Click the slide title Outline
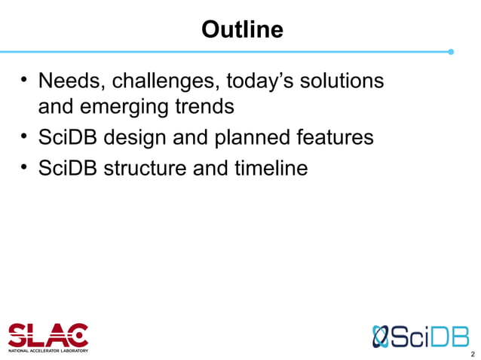(x=242, y=29)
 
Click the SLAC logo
(x=48, y=334)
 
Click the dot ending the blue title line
(x=451, y=52)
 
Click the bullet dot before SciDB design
(x=25, y=138)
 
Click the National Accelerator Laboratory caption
(x=48, y=350)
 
